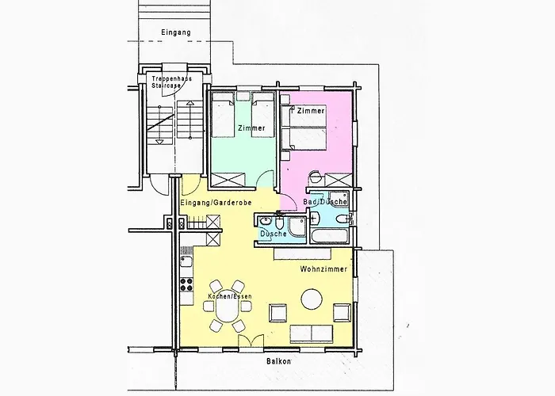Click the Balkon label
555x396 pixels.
(279, 361)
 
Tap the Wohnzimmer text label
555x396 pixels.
(323, 269)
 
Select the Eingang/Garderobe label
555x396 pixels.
(216, 203)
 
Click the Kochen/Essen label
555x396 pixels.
(230, 296)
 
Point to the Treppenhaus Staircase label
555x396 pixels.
(171, 82)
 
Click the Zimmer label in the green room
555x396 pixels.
(251, 128)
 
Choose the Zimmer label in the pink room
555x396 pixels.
(311, 111)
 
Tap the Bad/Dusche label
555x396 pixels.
(325, 201)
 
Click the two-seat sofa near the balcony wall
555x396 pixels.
(312, 334)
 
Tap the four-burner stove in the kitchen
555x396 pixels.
(186, 284)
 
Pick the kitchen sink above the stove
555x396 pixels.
(186, 262)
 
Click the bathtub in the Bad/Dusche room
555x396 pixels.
(331, 235)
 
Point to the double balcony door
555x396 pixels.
(251, 341)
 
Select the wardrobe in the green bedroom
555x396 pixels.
(228, 180)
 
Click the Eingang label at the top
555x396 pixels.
(176, 32)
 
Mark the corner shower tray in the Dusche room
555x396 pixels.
(297, 227)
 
